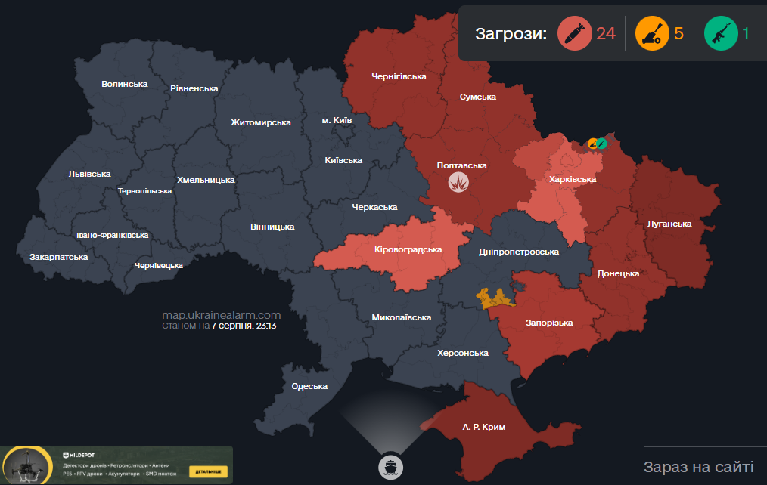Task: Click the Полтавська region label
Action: [461, 165]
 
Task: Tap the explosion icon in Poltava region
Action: [458, 182]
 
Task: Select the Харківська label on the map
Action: [573, 180]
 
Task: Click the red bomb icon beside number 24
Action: [574, 34]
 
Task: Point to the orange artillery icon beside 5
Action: [651, 34]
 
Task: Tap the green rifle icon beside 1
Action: [720, 34]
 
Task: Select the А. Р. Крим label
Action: [483, 428]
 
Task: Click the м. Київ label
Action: [337, 120]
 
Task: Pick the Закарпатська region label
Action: [59, 257]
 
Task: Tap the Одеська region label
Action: [309, 387]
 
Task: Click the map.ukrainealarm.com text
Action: [222, 315]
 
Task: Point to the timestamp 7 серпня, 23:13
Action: [244, 326]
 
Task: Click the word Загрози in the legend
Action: [511, 34]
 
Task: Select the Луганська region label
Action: [669, 224]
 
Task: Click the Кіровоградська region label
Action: [408, 249]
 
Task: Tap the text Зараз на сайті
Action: [698, 466]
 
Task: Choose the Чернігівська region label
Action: [399, 77]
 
